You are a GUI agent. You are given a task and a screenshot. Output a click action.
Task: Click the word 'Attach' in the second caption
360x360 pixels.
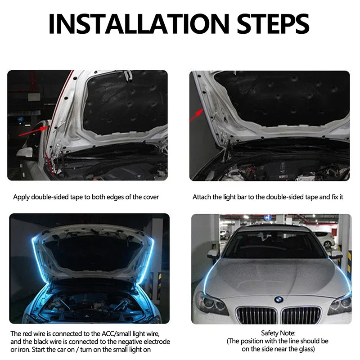click(202, 197)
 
